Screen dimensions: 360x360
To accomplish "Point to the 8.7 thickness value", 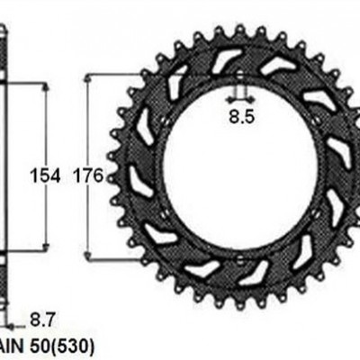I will (41, 317).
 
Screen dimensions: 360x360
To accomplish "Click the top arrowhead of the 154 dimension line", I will (41, 88).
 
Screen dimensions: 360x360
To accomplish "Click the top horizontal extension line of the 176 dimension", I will (108, 76).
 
